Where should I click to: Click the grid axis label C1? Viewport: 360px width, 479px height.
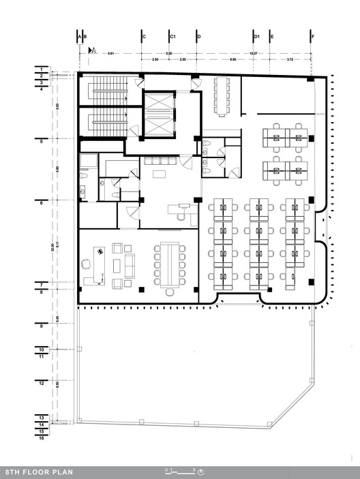173,35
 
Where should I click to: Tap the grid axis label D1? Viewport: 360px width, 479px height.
256,35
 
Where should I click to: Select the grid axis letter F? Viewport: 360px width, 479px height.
312,35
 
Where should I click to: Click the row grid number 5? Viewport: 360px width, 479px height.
41,141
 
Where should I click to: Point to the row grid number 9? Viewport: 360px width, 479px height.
41,326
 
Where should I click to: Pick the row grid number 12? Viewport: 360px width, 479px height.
41,384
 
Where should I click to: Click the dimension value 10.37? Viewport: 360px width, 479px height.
253,52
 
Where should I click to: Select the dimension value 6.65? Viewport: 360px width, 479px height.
233,60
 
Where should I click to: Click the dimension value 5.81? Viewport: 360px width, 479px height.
110,52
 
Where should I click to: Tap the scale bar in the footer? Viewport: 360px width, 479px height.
181,471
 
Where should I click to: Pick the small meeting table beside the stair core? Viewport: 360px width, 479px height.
223,96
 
